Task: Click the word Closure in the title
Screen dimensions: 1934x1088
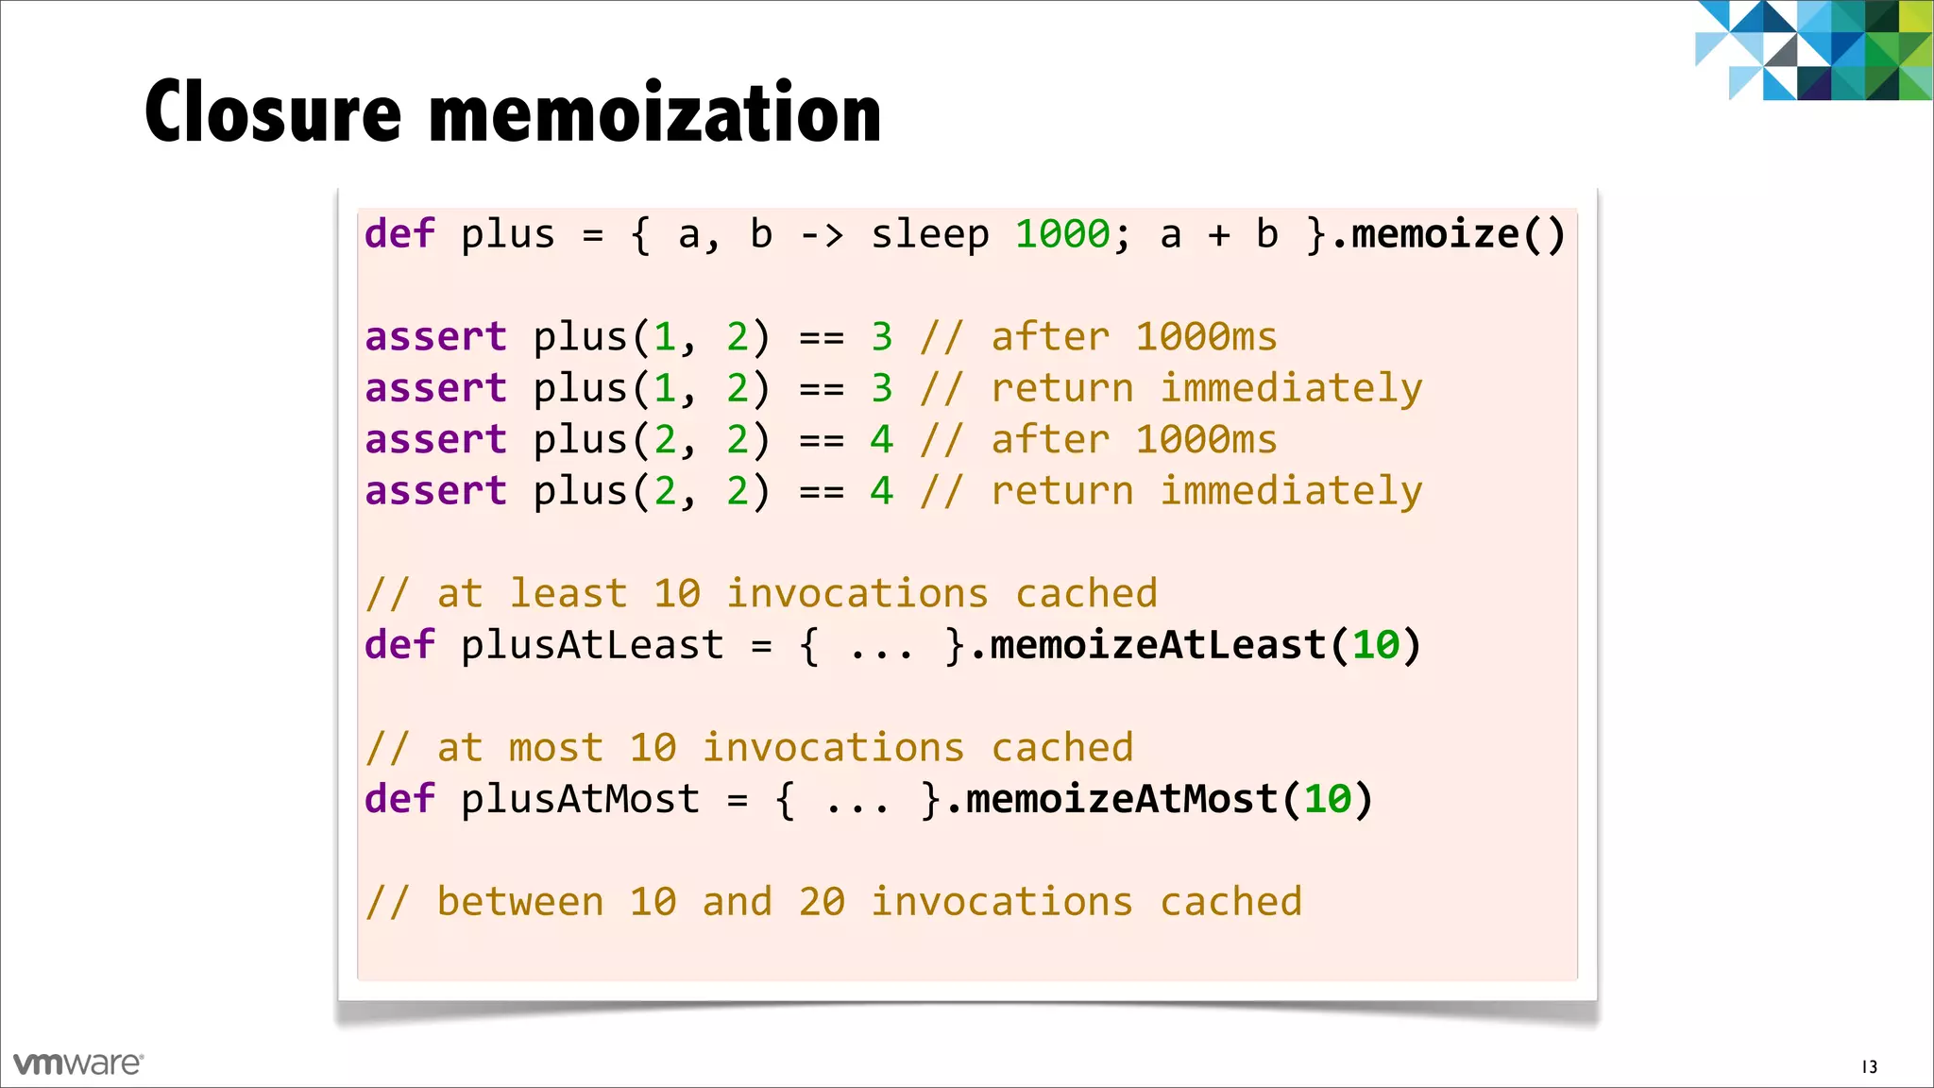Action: pos(273,112)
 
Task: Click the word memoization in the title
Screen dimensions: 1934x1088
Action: pos(655,112)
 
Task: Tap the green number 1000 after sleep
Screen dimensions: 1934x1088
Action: pos(1062,234)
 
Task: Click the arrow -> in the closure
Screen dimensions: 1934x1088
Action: pos(821,234)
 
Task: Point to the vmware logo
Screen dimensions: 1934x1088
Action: pos(78,1063)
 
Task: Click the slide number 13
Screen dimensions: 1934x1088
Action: pos(1869,1066)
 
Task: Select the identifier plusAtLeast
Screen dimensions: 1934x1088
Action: pos(591,645)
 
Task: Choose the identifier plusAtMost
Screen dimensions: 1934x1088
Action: pos(579,799)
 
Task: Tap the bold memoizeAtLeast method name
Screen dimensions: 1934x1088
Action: pos(1158,645)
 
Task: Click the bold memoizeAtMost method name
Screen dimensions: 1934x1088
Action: pos(1121,799)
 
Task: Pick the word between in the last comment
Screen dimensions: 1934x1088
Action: pos(519,902)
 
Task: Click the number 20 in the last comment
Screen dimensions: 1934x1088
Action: pos(822,902)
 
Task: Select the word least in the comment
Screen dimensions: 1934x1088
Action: pos(568,594)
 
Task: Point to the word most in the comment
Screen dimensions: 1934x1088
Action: pos(555,748)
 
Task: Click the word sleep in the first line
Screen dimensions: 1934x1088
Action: pos(929,234)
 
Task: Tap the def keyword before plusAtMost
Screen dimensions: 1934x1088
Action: pos(399,799)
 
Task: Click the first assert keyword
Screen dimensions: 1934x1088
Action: pos(435,337)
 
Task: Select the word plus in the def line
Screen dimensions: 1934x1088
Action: pos(507,234)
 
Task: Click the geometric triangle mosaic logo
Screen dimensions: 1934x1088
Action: pos(1813,49)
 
